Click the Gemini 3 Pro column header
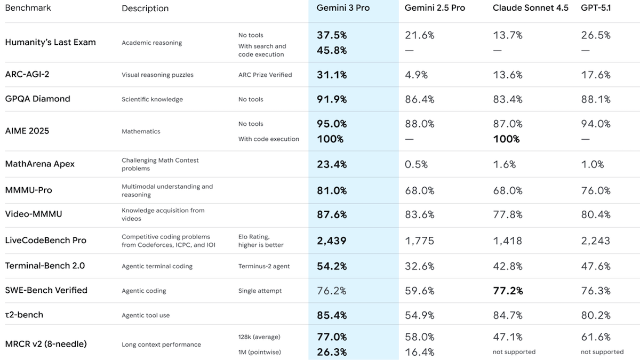click(x=343, y=8)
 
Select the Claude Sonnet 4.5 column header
click(x=530, y=8)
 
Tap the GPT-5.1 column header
click(x=596, y=8)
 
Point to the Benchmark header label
click(x=28, y=8)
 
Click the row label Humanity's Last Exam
click(x=51, y=42)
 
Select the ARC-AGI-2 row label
click(x=27, y=74)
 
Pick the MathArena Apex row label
click(x=40, y=164)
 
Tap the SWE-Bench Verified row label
click(x=46, y=290)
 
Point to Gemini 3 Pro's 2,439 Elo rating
click(x=332, y=241)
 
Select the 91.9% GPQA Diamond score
click(x=332, y=99)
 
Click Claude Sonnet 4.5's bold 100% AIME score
click(x=507, y=139)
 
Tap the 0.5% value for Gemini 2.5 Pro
click(x=416, y=164)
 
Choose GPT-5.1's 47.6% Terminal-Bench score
click(x=596, y=266)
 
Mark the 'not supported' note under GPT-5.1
click(x=602, y=352)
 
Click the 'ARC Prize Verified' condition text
click(x=265, y=75)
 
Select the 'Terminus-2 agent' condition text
click(x=264, y=266)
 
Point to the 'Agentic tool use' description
click(x=146, y=315)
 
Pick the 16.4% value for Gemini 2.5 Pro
click(x=419, y=352)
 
